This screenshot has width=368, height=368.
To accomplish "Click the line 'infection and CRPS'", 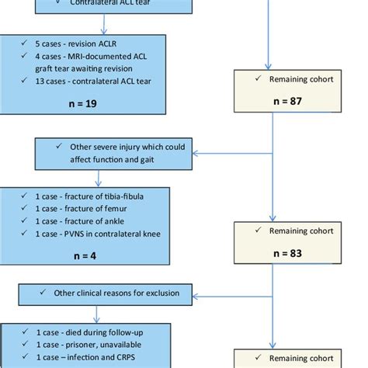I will [78, 357].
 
